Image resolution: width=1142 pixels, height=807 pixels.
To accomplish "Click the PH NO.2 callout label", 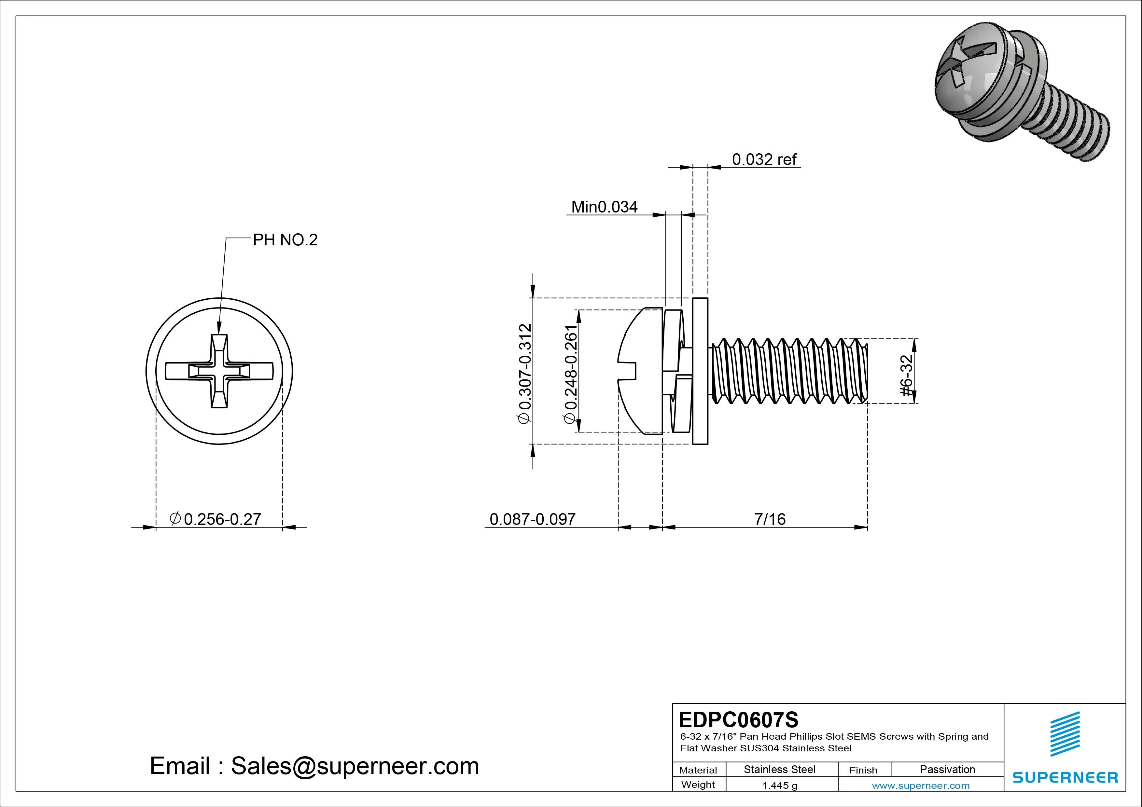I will (285, 240).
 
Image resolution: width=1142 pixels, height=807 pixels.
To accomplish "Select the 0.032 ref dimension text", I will (764, 159).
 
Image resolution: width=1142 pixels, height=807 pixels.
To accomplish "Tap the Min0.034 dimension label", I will (604, 207).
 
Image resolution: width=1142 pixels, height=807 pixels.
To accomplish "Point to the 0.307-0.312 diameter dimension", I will (525, 373).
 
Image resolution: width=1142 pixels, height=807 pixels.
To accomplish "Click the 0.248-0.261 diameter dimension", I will (570, 374).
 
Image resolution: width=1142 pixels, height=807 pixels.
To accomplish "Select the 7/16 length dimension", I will (770, 519).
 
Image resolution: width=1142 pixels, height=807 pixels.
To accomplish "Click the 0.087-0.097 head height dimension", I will (532, 519).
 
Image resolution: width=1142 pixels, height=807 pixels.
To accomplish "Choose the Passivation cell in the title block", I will (947, 769).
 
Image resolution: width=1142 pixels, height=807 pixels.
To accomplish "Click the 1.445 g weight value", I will (779, 786).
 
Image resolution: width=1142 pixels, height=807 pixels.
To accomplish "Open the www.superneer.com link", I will (920, 786).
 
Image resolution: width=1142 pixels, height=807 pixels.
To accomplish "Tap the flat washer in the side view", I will (700, 371).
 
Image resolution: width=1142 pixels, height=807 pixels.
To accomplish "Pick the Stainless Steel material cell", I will (779, 769).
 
